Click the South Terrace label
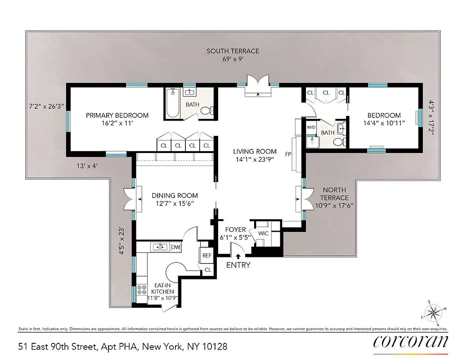[233, 51]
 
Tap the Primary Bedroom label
[117, 116]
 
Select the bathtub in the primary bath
[173, 103]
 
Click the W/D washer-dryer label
[311, 127]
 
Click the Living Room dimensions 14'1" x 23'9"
[254, 159]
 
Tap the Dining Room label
[175, 195]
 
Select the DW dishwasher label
[176, 247]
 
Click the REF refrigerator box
[207, 255]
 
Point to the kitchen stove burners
[142, 290]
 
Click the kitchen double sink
[160, 247]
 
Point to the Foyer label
[235, 229]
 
